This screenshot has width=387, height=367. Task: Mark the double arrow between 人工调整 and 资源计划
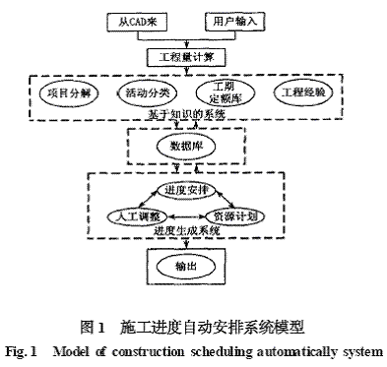click(x=184, y=214)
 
